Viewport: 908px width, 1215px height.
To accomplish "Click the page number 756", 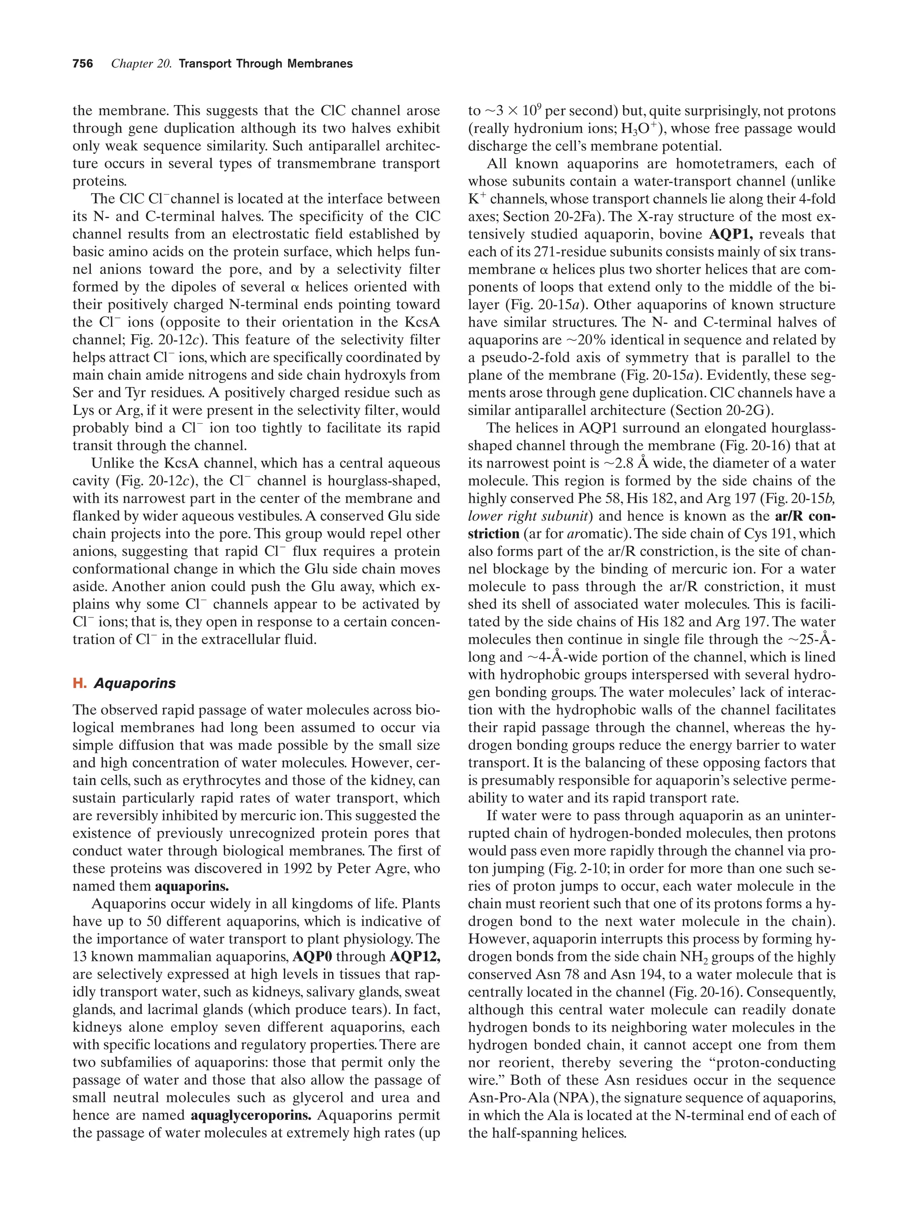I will click(x=82, y=64).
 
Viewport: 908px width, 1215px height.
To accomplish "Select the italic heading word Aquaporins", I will click(x=135, y=684).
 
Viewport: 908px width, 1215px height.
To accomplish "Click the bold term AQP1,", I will click(x=731, y=234).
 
